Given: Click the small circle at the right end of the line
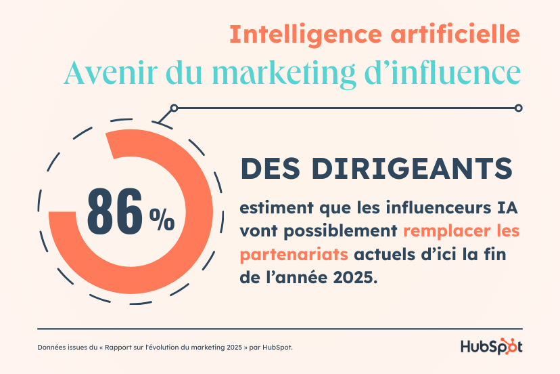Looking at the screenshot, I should pyautogui.click(x=519, y=108).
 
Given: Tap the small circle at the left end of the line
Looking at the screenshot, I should pyautogui.click(x=174, y=108).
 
